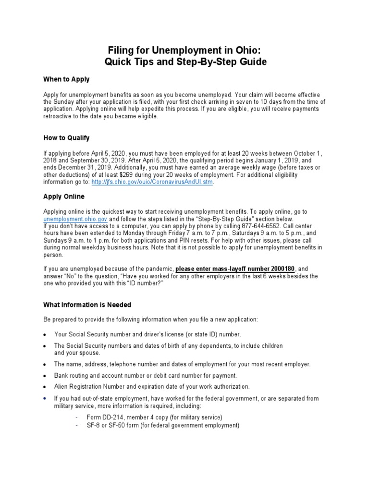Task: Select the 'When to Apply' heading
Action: [66, 79]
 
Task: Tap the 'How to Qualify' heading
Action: [66, 138]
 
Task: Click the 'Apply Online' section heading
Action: [64, 197]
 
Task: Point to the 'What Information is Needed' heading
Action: [87, 305]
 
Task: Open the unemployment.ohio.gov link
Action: [73, 219]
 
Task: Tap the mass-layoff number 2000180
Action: [280, 269]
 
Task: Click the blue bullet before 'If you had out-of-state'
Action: [45, 399]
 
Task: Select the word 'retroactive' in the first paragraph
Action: [59, 116]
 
